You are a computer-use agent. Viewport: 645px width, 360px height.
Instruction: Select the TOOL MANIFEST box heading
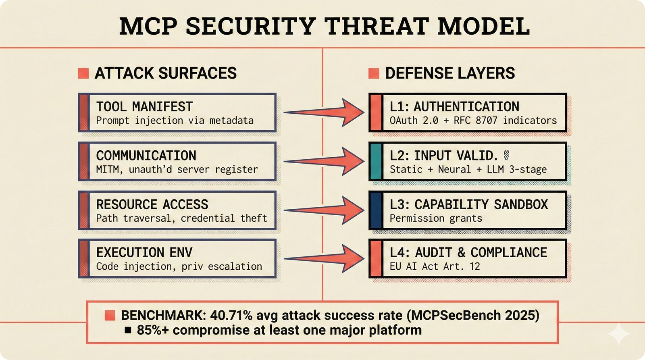(144, 107)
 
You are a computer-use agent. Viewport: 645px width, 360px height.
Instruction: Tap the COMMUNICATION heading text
(146, 156)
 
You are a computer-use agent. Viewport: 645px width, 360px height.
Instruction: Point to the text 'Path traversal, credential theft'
(181, 218)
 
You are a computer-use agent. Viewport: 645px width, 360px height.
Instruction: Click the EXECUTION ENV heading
(144, 252)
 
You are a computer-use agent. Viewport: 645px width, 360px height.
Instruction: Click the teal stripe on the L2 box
(376, 162)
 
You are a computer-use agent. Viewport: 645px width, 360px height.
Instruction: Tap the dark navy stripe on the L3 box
(376, 210)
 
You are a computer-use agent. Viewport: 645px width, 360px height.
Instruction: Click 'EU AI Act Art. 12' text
(435, 266)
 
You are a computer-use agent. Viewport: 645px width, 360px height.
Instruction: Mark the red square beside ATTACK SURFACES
(83, 73)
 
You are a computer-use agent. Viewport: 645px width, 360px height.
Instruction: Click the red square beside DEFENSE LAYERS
(374, 73)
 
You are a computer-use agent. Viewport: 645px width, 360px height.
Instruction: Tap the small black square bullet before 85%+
(128, 331)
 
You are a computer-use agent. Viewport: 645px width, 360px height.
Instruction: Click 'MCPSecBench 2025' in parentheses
(472, 315)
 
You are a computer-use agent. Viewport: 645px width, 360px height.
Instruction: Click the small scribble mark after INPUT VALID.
(507, 155)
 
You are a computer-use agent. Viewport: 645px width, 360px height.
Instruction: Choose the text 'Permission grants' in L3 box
(436, 218)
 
